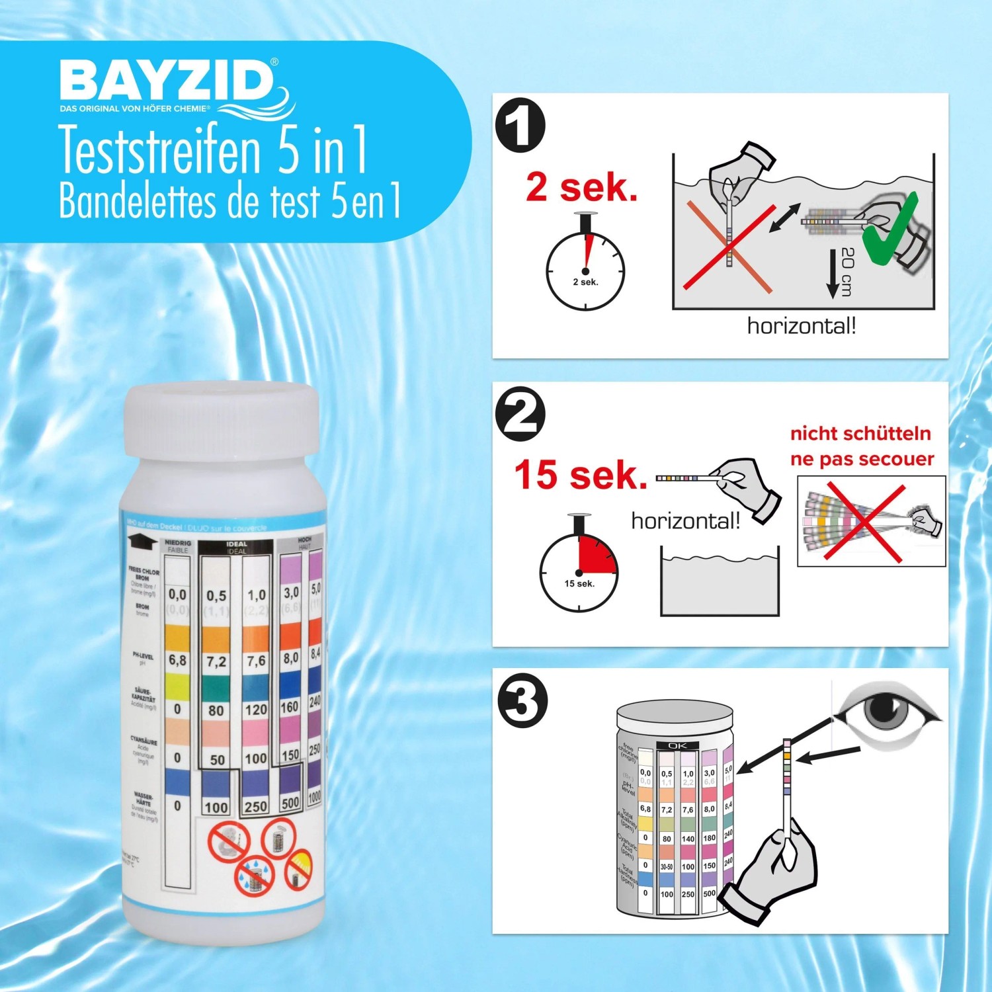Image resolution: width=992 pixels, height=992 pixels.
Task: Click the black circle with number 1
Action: (x=520, y=126)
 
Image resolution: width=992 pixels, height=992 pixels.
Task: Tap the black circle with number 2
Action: (x=520, y=414)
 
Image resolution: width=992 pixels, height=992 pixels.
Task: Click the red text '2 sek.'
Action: (x=581, y=187)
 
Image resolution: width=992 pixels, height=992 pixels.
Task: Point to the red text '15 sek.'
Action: (x=580, y=475)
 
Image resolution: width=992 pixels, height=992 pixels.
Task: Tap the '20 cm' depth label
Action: (x=848, y=272)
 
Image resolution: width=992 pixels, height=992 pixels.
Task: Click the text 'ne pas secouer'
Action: (x=862, y=459)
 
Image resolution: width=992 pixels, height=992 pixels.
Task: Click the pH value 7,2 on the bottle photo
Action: (x=216, y=661)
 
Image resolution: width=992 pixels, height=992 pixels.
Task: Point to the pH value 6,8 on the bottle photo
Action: (x=177, y=660)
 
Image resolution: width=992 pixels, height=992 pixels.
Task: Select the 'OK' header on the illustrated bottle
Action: (x=677, y=745)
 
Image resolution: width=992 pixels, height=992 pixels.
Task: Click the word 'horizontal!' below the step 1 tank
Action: (x=801, y=326)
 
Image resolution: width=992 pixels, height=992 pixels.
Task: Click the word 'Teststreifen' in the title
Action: (x=161, y=151)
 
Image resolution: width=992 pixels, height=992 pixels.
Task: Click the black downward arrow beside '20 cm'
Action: (x=833, y=274)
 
